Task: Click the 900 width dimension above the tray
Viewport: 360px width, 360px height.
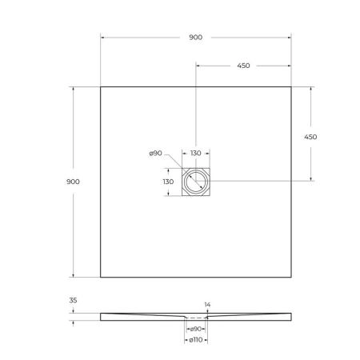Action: [195, 38]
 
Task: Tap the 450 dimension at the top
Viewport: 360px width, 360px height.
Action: [243, 66]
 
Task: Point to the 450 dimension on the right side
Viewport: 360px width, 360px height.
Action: [310, 137]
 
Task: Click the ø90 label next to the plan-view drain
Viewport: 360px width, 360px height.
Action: [156, 154]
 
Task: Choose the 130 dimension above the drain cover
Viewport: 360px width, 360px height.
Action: [195, 154]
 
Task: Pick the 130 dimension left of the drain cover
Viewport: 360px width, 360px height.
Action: [168, 182]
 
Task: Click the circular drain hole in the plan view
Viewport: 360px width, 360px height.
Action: [195, 182]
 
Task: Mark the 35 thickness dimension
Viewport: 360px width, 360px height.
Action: [74, 302]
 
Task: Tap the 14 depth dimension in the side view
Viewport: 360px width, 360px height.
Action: [207, 305]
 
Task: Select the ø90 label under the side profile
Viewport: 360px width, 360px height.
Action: [195, 329]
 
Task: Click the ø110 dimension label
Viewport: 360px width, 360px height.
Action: [195, 342]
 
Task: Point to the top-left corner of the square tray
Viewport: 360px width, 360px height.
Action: [100, 86]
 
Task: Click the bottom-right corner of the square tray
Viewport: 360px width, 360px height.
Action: [291, 278]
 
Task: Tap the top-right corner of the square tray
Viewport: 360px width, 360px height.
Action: [291, 86]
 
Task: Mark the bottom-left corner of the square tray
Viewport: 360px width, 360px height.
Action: [100, 278]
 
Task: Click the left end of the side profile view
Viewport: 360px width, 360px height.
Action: [102, 316]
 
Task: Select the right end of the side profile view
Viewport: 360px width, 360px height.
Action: [290, 316]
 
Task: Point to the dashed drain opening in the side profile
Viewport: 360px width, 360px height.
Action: [195, 318]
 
